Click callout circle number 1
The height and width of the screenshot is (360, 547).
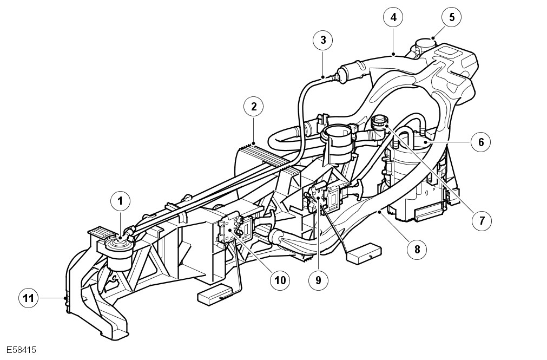pyautogui.click(x=121, y=201)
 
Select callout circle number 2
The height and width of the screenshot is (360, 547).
pyautogui.click(x=253, y=106)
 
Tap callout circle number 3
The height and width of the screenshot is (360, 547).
pyautogui.click(x=323, y=40)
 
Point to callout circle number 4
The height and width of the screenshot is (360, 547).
pyautogui.click(x=393, y=17)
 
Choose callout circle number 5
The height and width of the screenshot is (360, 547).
pyautogui.click(x=452, y=17)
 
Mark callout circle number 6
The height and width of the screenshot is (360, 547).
pyautogui.click(x=480, y=142)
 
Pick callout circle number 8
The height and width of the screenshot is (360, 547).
pyautogui.click(x=417, y=249)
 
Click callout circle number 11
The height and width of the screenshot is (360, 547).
pyautogui.click(x=29, y=298)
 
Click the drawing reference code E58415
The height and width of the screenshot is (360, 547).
pyautogui.click(x=22, y=350)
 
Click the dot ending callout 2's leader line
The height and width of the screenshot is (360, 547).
pyautogui.click(x=253, y=143)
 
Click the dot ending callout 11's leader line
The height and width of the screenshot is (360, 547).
pyautogui.click(x=65, y=298)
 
